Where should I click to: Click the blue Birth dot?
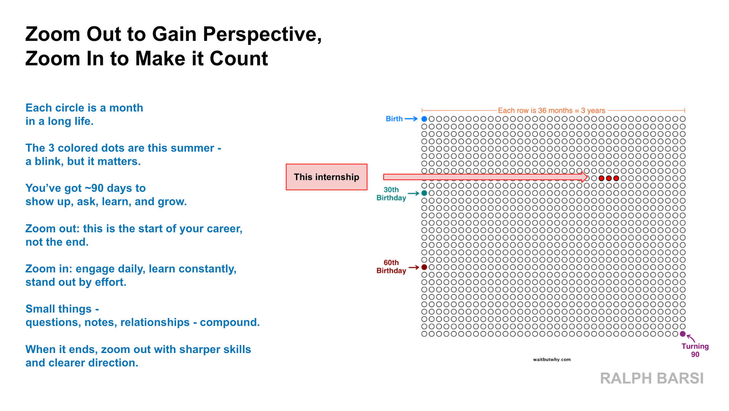pos(424,119)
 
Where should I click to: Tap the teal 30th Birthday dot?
pos(424,193)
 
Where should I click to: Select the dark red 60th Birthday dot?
pos(424,267)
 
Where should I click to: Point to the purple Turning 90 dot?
pos(683,334)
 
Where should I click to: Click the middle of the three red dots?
pos(609,178)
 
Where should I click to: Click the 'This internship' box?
pos(327,177)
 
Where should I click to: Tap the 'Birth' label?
pos(394,119)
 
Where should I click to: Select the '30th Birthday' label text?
pos(391,194)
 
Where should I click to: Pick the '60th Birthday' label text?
pos(391,267)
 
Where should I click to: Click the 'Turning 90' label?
pos(695,350)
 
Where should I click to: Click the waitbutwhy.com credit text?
pos(552,360)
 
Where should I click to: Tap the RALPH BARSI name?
pos(652,378)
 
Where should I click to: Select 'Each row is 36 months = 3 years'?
pos(551,110)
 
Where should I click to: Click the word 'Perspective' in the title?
pos(262,35)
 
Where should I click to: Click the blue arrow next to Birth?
pos(411,119)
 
